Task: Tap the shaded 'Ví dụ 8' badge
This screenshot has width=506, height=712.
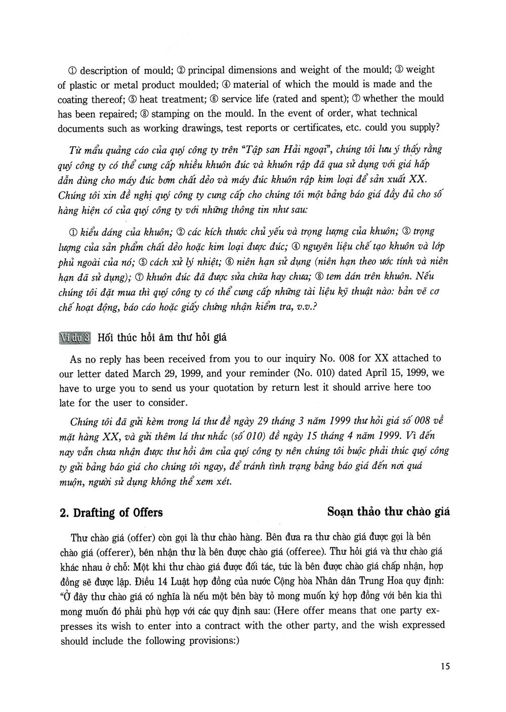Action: [75, 338]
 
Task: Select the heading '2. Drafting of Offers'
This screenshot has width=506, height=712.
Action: [111, 512]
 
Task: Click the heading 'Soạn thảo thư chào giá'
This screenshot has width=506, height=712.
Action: [389, 511]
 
